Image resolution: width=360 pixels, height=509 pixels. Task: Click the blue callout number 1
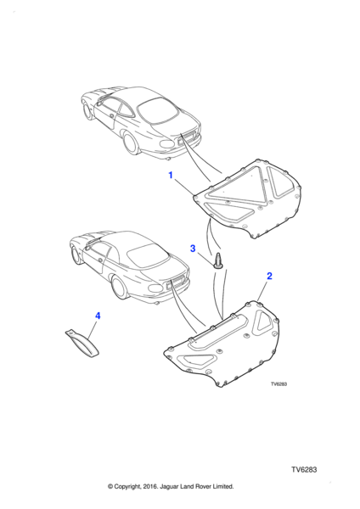click(x=171, y=175)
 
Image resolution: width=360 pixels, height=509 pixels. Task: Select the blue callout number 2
click(x=269, y=276)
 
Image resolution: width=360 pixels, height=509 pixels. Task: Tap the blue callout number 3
click(x=193, y=249)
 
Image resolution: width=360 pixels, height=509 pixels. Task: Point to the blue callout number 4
click(x=98, y=316)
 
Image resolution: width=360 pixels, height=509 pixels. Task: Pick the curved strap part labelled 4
click(x=82, y=344)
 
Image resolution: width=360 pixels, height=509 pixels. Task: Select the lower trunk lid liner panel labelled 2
click(x=222, y=344)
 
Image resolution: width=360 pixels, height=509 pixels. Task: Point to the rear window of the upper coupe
click(x=158, y=111)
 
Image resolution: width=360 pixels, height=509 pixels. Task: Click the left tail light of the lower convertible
click(x=155, y=288)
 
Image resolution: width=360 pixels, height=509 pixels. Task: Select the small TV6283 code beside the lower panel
click(x=279, y=384)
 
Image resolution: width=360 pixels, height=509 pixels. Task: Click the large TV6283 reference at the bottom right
click(x=304, y=470)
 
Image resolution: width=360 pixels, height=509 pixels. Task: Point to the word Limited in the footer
click(x=223, y=486)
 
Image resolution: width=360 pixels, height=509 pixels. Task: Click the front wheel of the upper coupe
click(x=87, y=111)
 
